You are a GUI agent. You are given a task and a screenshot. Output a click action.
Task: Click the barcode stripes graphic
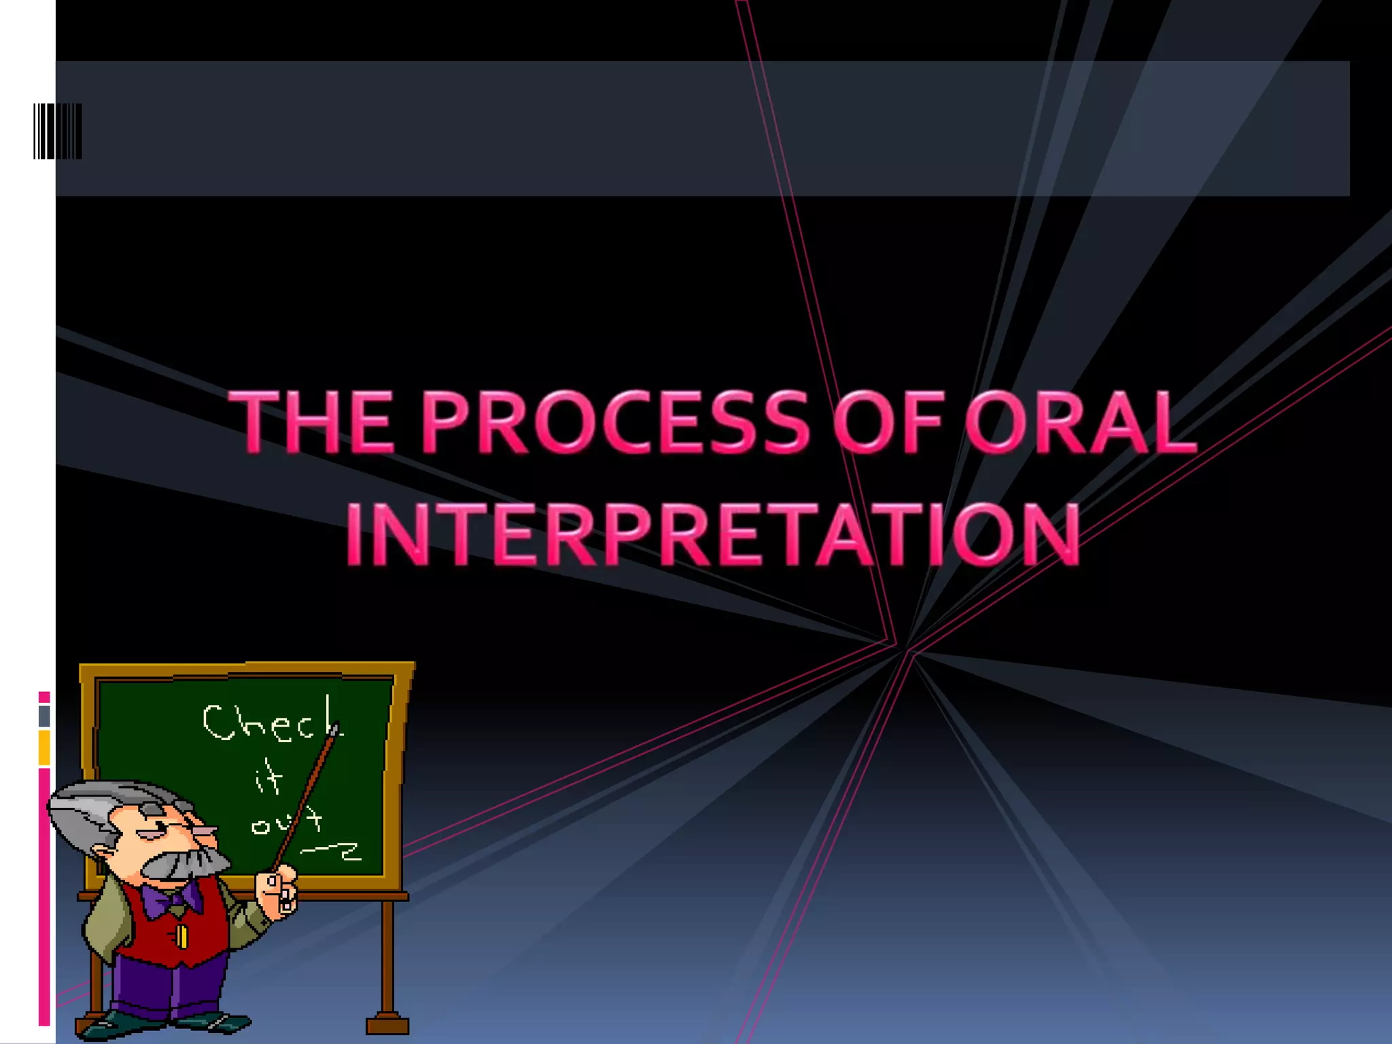click(x=58, y=131)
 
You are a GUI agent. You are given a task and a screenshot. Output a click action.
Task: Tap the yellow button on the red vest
click(x=181, y=936)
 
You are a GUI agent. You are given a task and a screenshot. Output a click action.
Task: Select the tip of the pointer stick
click(x=334, y=729)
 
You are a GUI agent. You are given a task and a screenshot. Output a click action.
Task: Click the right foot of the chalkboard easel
click(x=387, y=1023)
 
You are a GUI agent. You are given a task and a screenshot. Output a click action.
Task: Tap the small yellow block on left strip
click(x=44, y=748)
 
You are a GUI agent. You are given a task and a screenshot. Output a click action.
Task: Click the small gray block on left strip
click(x=44, y=716)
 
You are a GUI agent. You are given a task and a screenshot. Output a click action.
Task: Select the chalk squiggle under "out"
click(x=333, y=851)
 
